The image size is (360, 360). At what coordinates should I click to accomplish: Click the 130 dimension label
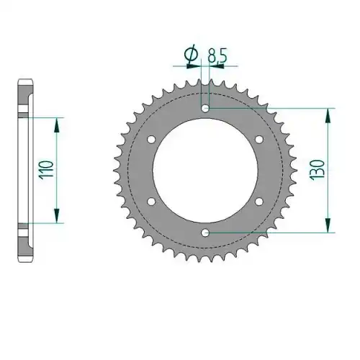[317, 170]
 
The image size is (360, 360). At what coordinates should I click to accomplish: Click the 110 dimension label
[46, 169]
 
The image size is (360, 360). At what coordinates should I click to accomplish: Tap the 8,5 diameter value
[217, 55]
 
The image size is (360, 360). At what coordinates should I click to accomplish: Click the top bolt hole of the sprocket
[205, 108]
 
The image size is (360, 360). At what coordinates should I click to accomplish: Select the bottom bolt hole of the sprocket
[205, 233]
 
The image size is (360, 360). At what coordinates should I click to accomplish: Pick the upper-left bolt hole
[151, 139]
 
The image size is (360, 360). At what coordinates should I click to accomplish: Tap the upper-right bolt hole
[259, 139]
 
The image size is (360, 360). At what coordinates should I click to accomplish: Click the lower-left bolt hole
[151, 202]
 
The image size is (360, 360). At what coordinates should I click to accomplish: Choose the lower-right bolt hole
[259, 202]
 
